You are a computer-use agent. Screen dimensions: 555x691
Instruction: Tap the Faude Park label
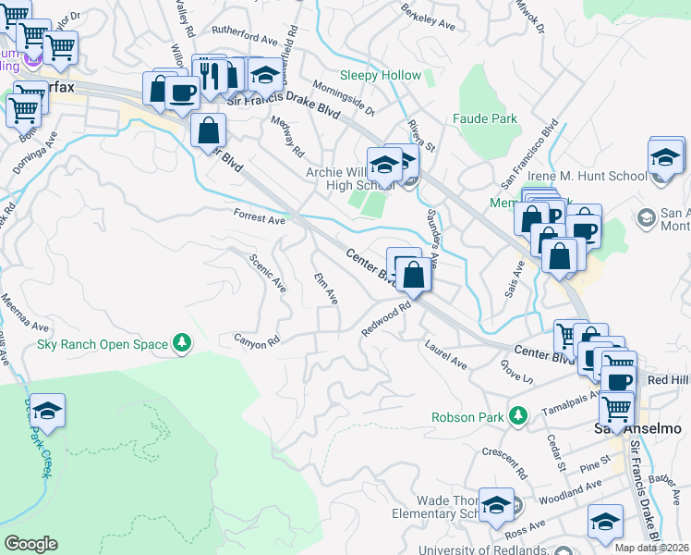pyautogui.click(x=485, y=119)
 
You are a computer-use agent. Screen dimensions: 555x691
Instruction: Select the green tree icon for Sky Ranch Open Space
pyautogui.click(x=183, y=344)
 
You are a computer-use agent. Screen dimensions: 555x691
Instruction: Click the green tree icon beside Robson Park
pyautogui.click(x=518, y=416)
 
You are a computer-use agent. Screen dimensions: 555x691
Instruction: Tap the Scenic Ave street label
pyautogui.click(x=268, y=273)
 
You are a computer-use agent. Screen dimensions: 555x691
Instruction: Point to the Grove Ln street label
pyautogui.click(x=517, y=372)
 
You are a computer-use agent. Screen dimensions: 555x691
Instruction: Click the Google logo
pyautogui.click(x=30, y=544)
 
